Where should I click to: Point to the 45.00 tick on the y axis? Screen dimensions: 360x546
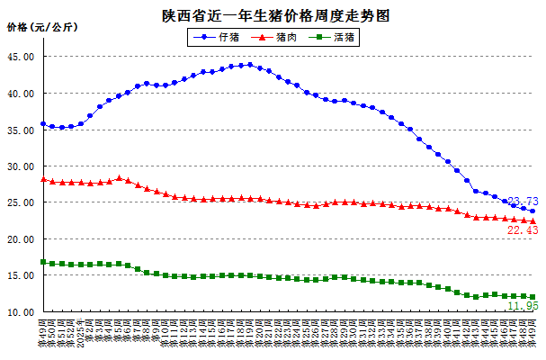21,57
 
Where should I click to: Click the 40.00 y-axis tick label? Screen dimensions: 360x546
21,94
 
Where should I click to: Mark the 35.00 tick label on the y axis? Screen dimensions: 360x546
21,130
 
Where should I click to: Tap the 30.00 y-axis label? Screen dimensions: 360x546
21,167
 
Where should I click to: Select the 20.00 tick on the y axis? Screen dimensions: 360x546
21,240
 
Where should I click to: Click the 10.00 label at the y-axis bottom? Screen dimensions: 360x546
21,313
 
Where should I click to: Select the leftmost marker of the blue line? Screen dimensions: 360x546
43,124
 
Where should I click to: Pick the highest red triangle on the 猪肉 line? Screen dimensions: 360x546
119,178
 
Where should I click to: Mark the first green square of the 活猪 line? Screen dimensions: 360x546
43,262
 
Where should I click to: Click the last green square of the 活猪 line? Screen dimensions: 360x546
533,297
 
